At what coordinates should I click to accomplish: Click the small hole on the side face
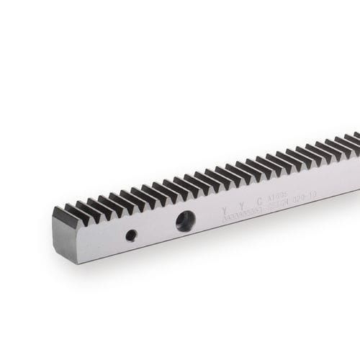pos(131,235)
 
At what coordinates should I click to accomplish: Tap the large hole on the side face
pos(184,221)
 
